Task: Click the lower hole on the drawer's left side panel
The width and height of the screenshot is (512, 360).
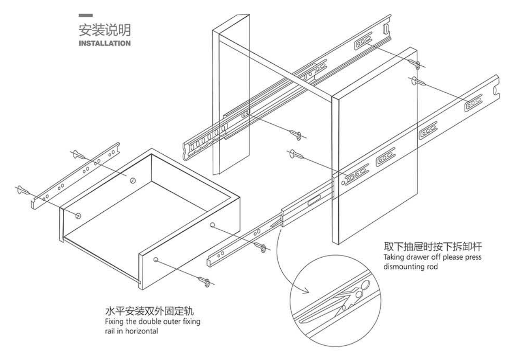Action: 78,215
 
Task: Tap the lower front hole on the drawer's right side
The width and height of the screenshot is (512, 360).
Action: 156,260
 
